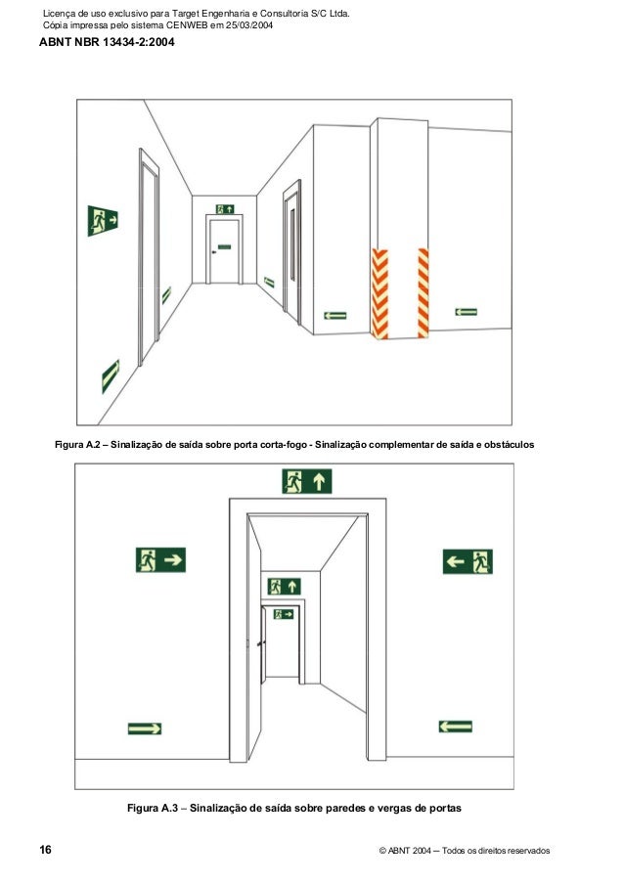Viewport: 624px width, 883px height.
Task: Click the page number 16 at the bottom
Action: [x=45, y=850]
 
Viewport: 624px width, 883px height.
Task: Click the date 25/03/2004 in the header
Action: [x=245, y=25]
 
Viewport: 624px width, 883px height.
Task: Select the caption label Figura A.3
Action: [x=154, y=809]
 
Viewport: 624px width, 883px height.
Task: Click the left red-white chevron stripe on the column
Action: [x=379, y=293]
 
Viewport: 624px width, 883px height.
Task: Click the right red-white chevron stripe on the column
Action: [x=423, y=292]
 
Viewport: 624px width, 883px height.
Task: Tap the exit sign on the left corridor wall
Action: [x=102, y=221]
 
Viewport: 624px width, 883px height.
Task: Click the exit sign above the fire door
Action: [x=225, y=209]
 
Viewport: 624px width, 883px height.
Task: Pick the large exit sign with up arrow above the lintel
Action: [x=307, y=481]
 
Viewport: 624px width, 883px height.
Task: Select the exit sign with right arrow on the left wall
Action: [x=160, y=560]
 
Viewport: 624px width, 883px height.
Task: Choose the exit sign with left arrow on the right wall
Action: [x=468, y=561]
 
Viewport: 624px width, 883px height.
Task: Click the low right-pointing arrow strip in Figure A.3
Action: [x=145, y=728]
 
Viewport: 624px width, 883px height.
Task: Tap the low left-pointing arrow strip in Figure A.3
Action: [x=456, y=727]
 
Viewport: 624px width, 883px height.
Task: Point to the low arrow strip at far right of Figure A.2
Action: [x=466, y=312]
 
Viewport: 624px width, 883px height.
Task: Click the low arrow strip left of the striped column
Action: [x=334, y=316]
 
